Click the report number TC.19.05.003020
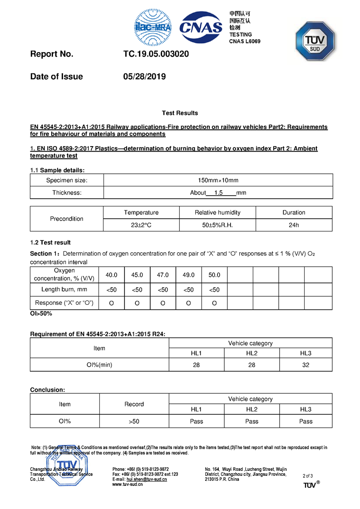(156, 54)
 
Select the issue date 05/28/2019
(144, 77)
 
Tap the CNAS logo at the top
(201, 28)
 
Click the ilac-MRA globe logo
(153, 28)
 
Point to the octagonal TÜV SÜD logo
(315, 41)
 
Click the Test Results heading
(180, 113)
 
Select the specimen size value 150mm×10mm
(218, 181)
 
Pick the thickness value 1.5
(218, 193)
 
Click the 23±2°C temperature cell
(141, 225)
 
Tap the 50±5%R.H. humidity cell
(217, 225)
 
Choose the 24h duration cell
(294, 225)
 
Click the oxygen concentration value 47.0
(163, 275)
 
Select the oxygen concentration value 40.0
(111, 275)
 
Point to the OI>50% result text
(41, 313)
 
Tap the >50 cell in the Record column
(134, 421)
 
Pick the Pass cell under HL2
(252, 421)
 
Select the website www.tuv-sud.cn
(128, 485)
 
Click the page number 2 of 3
(307, 476)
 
